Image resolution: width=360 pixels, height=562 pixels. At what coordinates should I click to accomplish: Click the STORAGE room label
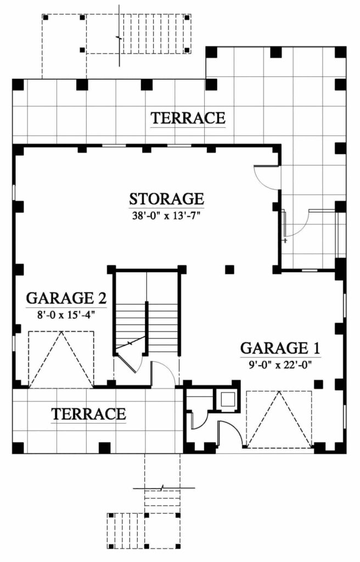click(x=166, y=198)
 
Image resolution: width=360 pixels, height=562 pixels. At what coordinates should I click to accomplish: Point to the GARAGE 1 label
click(x=280, y=348)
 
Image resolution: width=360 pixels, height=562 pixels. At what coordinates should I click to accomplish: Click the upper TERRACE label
click(x=188, y=118)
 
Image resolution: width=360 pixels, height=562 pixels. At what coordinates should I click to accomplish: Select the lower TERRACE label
click(x=88, y=414)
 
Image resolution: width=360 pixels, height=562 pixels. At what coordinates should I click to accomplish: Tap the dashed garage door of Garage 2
click(x=61, y=359)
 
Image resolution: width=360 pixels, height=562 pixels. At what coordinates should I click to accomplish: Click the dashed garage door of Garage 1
click(x=279, y=418)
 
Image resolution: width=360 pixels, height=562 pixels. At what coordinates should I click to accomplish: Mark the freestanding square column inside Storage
click(x=229, y=269)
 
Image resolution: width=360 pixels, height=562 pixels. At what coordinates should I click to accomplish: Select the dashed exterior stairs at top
click(x=155, y=34)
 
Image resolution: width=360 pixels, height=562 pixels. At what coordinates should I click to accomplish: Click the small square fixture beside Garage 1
click(x=226, y=399)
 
